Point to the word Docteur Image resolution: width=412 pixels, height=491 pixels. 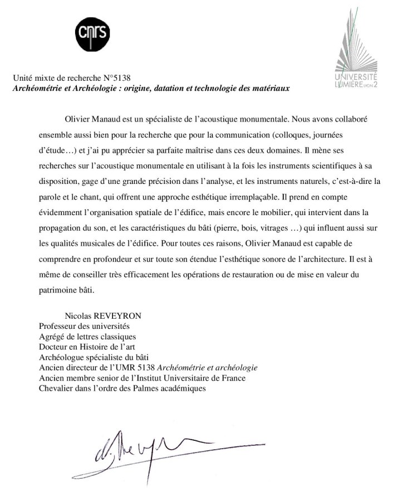[55, 347]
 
